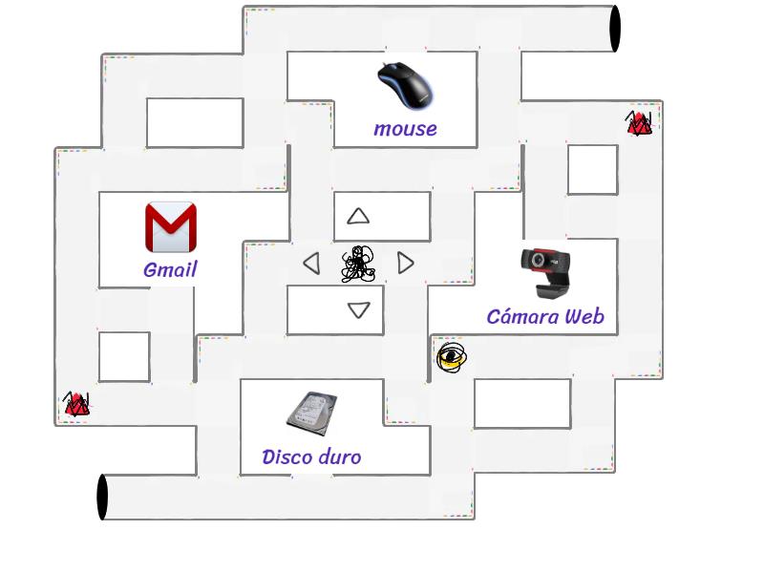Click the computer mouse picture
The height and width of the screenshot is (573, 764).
tap(405, 86)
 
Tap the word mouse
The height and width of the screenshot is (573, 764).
tap(405, 129)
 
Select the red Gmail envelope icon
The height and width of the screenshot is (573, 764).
tap(171, 227)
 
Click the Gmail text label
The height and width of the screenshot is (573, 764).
tap(171, 269)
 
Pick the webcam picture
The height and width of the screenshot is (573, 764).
tap(545, 273)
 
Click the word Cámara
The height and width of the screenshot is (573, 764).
tap(522, 317)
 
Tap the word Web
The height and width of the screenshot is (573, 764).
tap(584, 317)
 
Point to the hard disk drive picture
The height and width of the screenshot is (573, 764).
tap(312, 414)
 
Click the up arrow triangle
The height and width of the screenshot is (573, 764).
tap(358, 217)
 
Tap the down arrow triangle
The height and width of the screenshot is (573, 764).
tap(359, 309)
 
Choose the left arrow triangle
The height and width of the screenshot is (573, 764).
tap(312, 264)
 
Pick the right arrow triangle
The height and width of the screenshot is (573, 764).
tap(405, 263)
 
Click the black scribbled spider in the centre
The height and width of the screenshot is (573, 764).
tap(359, 265)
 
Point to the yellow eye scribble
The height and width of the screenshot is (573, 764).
tap(451, 357)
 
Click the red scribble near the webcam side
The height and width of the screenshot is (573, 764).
tap(639, 123)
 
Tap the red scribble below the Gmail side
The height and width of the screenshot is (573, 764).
tap(76, 404)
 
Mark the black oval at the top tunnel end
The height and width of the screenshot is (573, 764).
tap(615, 29)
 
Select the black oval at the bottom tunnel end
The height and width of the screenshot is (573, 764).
tap(102, 497)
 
